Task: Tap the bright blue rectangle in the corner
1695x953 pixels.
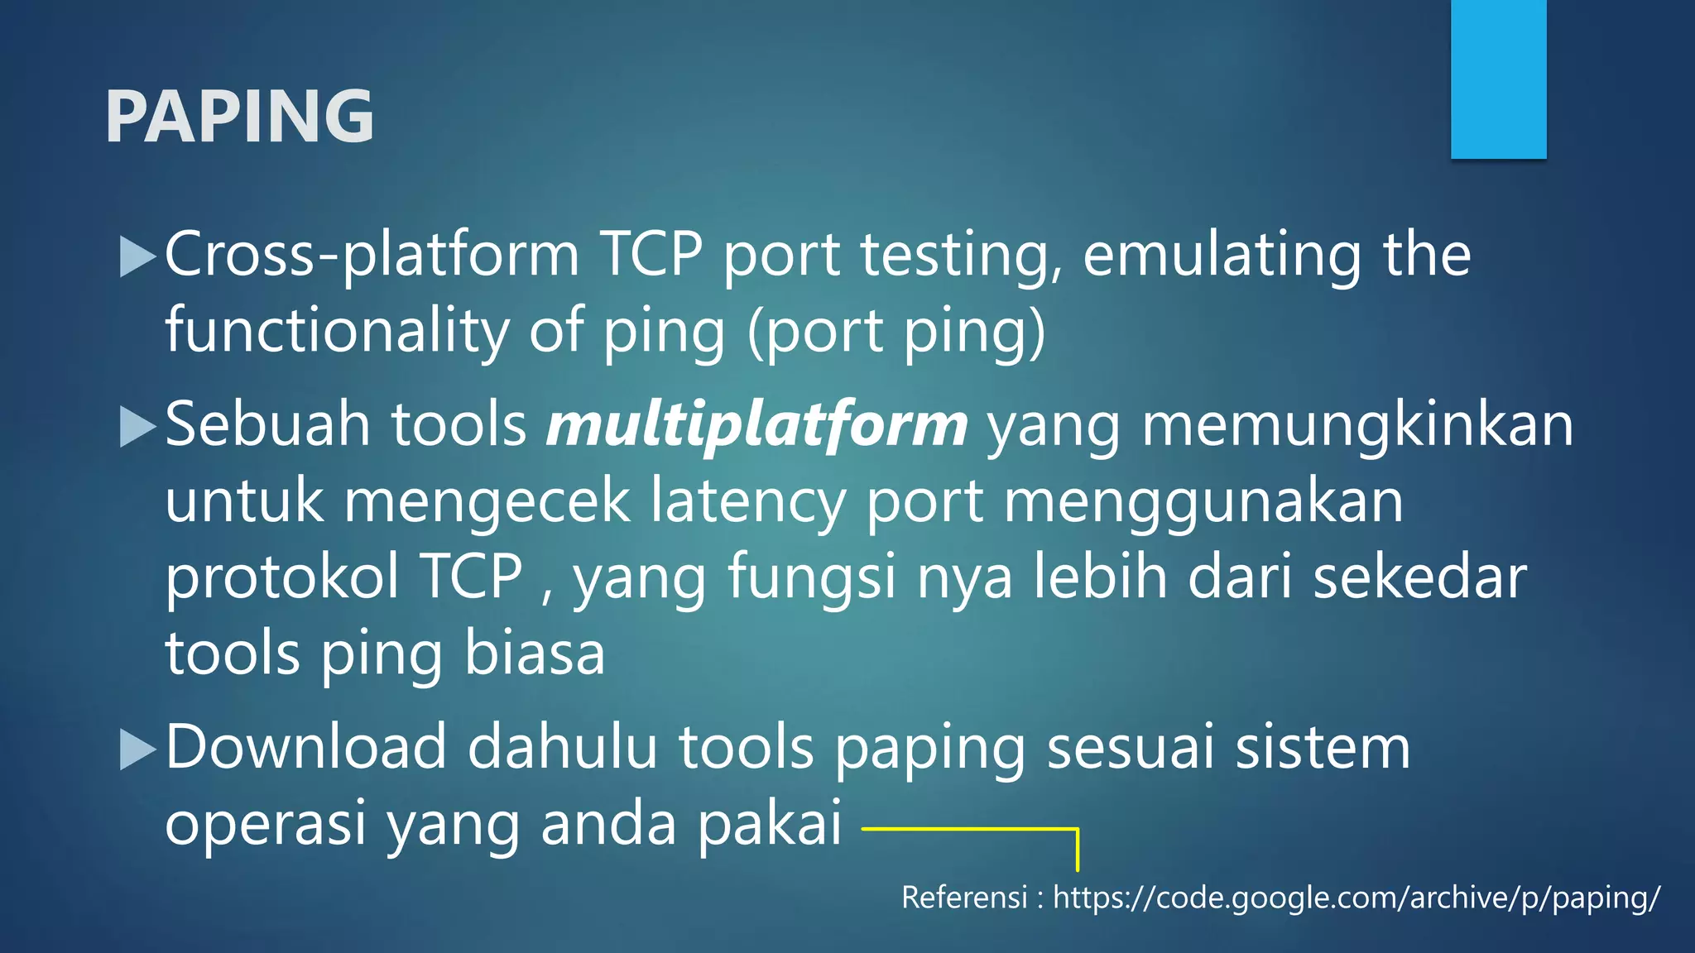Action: pos(1498,79)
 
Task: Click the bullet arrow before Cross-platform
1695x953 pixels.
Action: pos(137,256)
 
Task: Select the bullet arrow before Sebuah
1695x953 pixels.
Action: pos(137,427)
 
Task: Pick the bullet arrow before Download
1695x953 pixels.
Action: pos(137,749)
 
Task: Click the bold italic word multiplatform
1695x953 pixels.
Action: pos(756,425)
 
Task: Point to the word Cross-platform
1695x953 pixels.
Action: pos(372,255)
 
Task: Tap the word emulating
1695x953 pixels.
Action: pos(1222,255)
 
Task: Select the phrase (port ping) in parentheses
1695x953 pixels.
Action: pos(896,331)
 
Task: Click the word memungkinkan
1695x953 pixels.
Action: pos(1357,425)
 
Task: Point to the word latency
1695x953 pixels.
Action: pos(747,501)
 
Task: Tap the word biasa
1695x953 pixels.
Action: pos(534,654)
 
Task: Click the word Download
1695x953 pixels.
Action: pos(306,747)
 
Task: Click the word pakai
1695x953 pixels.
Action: pos(769,824)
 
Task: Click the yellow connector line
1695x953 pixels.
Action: pos(968,827)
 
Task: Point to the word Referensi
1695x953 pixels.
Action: pos(964,898)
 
